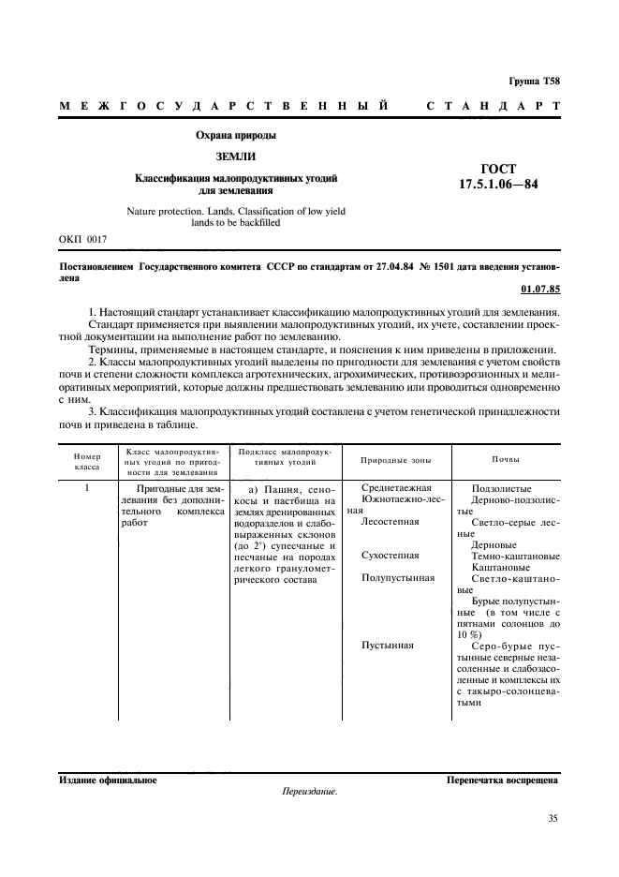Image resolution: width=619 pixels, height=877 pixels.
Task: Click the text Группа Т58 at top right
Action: [535, 82]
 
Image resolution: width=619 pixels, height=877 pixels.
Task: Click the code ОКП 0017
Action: [83, 240]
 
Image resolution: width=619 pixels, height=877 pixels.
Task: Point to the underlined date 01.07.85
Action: [538, 289]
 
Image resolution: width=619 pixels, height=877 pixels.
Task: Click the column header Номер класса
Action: [86, 459]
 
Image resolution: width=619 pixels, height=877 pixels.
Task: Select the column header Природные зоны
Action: [396, 460]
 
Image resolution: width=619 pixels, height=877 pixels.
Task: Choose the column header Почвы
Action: [507, 459]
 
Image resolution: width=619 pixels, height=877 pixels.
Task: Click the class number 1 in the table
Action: [87, 488]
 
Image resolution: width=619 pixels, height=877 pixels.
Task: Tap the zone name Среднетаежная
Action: [396, 488]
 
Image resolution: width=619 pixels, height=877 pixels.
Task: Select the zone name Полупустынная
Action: [398, 578]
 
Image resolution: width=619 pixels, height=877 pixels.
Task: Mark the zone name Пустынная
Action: [387, 646]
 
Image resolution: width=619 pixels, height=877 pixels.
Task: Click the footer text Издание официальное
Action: [108, 779]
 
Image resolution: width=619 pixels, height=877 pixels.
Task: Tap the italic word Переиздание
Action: [309, 791]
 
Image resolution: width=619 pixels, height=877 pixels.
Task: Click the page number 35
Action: [553, 819]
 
